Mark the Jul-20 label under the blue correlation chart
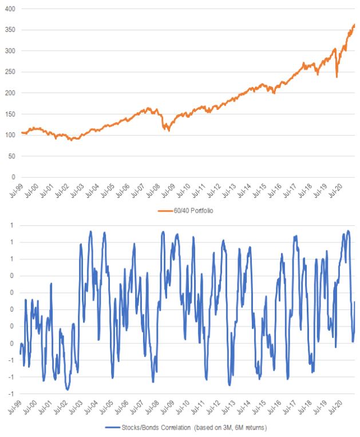[x=341, y=408]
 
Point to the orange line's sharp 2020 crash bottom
[x=337, y=77]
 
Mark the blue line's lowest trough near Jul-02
[x=68, y=390]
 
